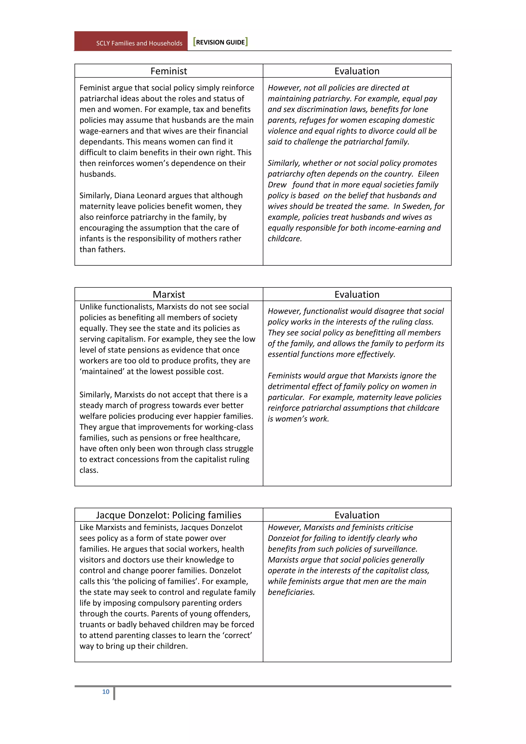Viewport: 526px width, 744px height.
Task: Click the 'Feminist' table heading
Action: pos(168,71)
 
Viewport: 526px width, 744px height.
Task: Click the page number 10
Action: pos(106,692)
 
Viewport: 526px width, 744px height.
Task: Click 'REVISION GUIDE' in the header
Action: pos(220,42)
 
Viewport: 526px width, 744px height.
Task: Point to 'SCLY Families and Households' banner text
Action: pos(139,43)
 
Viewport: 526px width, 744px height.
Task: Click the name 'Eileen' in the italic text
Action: pos(428,174)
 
